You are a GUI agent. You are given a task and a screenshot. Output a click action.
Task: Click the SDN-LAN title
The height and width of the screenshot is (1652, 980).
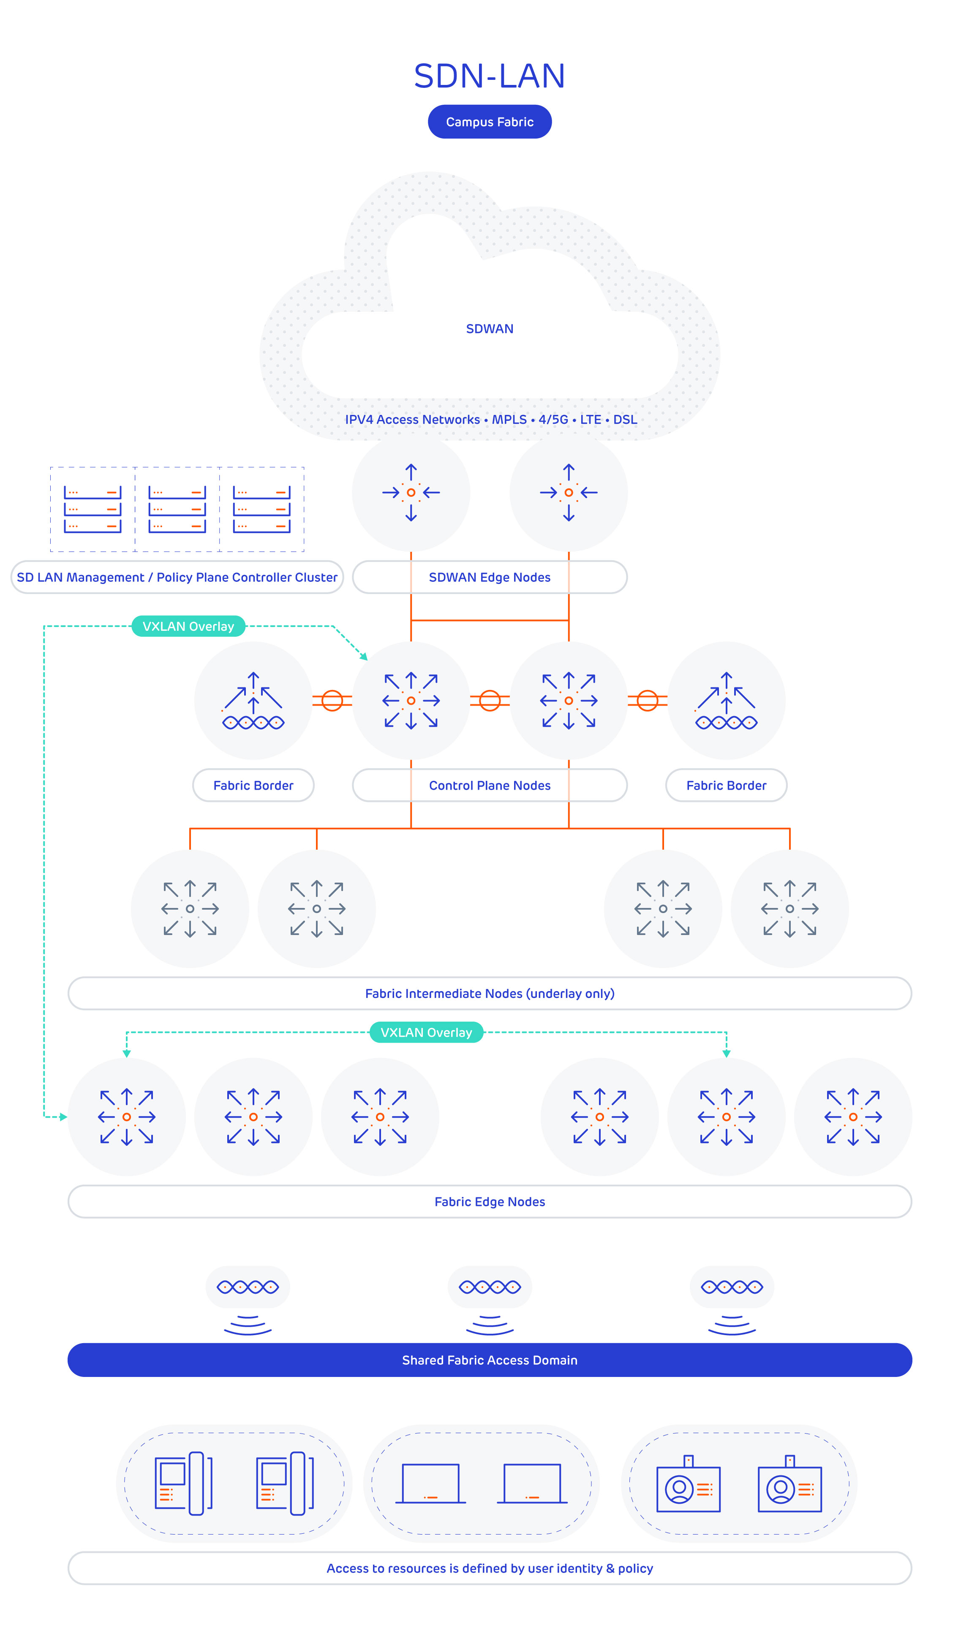pyautogui.click(x=489, y=76)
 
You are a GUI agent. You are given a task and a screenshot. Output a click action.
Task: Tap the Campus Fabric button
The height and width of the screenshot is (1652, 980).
pyautogui.click(x=489, y=122)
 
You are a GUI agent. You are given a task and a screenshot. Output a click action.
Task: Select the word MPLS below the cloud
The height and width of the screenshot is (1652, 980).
pyautogui.click(x=509, y=420)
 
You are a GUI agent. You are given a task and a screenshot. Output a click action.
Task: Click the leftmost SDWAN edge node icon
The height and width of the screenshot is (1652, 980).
pyautogui.click(x=411, y=493)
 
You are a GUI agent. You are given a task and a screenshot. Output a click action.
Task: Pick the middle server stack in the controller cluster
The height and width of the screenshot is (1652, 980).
pyautogui.click(x=177, y=509)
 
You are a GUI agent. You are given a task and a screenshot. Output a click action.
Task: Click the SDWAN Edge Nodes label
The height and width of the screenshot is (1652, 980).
pyautogui.click(x=489, y=577)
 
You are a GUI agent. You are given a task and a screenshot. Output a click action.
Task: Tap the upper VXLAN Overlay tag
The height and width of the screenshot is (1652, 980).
pyautogui.click(x=188, y=626)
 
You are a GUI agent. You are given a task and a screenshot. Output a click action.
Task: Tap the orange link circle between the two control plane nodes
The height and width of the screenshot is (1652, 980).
pyautogui.click(x=489, y=700)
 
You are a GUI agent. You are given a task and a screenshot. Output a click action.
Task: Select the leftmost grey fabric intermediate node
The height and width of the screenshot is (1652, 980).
pyautogui.click(x=190, y=908)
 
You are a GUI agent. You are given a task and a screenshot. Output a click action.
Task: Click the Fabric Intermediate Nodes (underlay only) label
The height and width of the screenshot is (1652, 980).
pyautogui.click(x=489, y=993)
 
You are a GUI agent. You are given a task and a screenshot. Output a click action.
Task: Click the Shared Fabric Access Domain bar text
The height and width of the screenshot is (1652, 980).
pyautogui.click(x=489, y=1360)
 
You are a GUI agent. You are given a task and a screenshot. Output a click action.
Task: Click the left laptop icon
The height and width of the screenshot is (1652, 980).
pyautogui.click(x=430, y=1483)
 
